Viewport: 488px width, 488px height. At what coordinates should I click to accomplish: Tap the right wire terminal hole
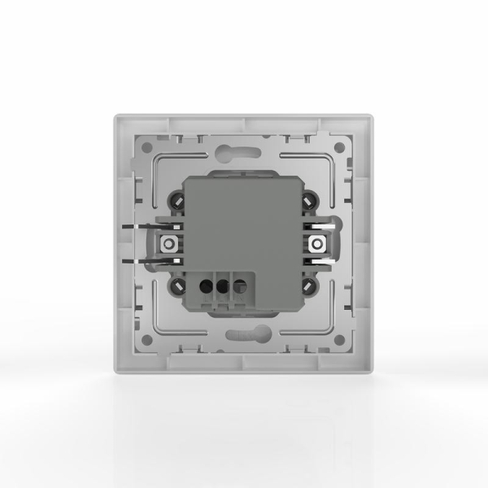pyautogui.click(x=239, y=285)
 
